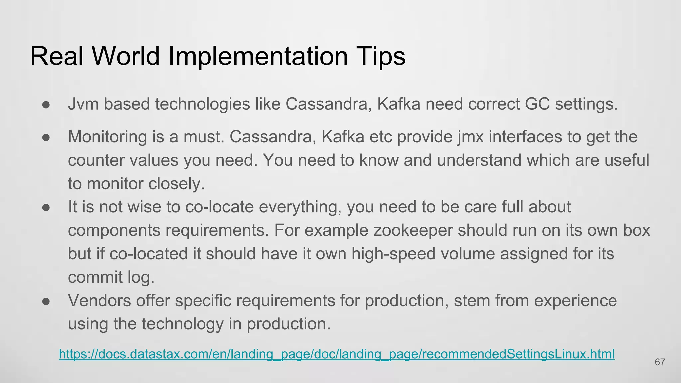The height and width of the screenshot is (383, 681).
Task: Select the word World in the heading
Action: pos(126,56)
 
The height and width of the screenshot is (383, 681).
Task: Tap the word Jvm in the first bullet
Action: pos(83,104)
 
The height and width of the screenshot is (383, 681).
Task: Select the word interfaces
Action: pos(525,137)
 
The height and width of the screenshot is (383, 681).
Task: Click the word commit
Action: pos(95,277)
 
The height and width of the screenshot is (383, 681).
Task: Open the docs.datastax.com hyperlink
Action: pos(337,354)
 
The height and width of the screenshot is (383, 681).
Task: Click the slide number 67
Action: pos(660,362)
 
